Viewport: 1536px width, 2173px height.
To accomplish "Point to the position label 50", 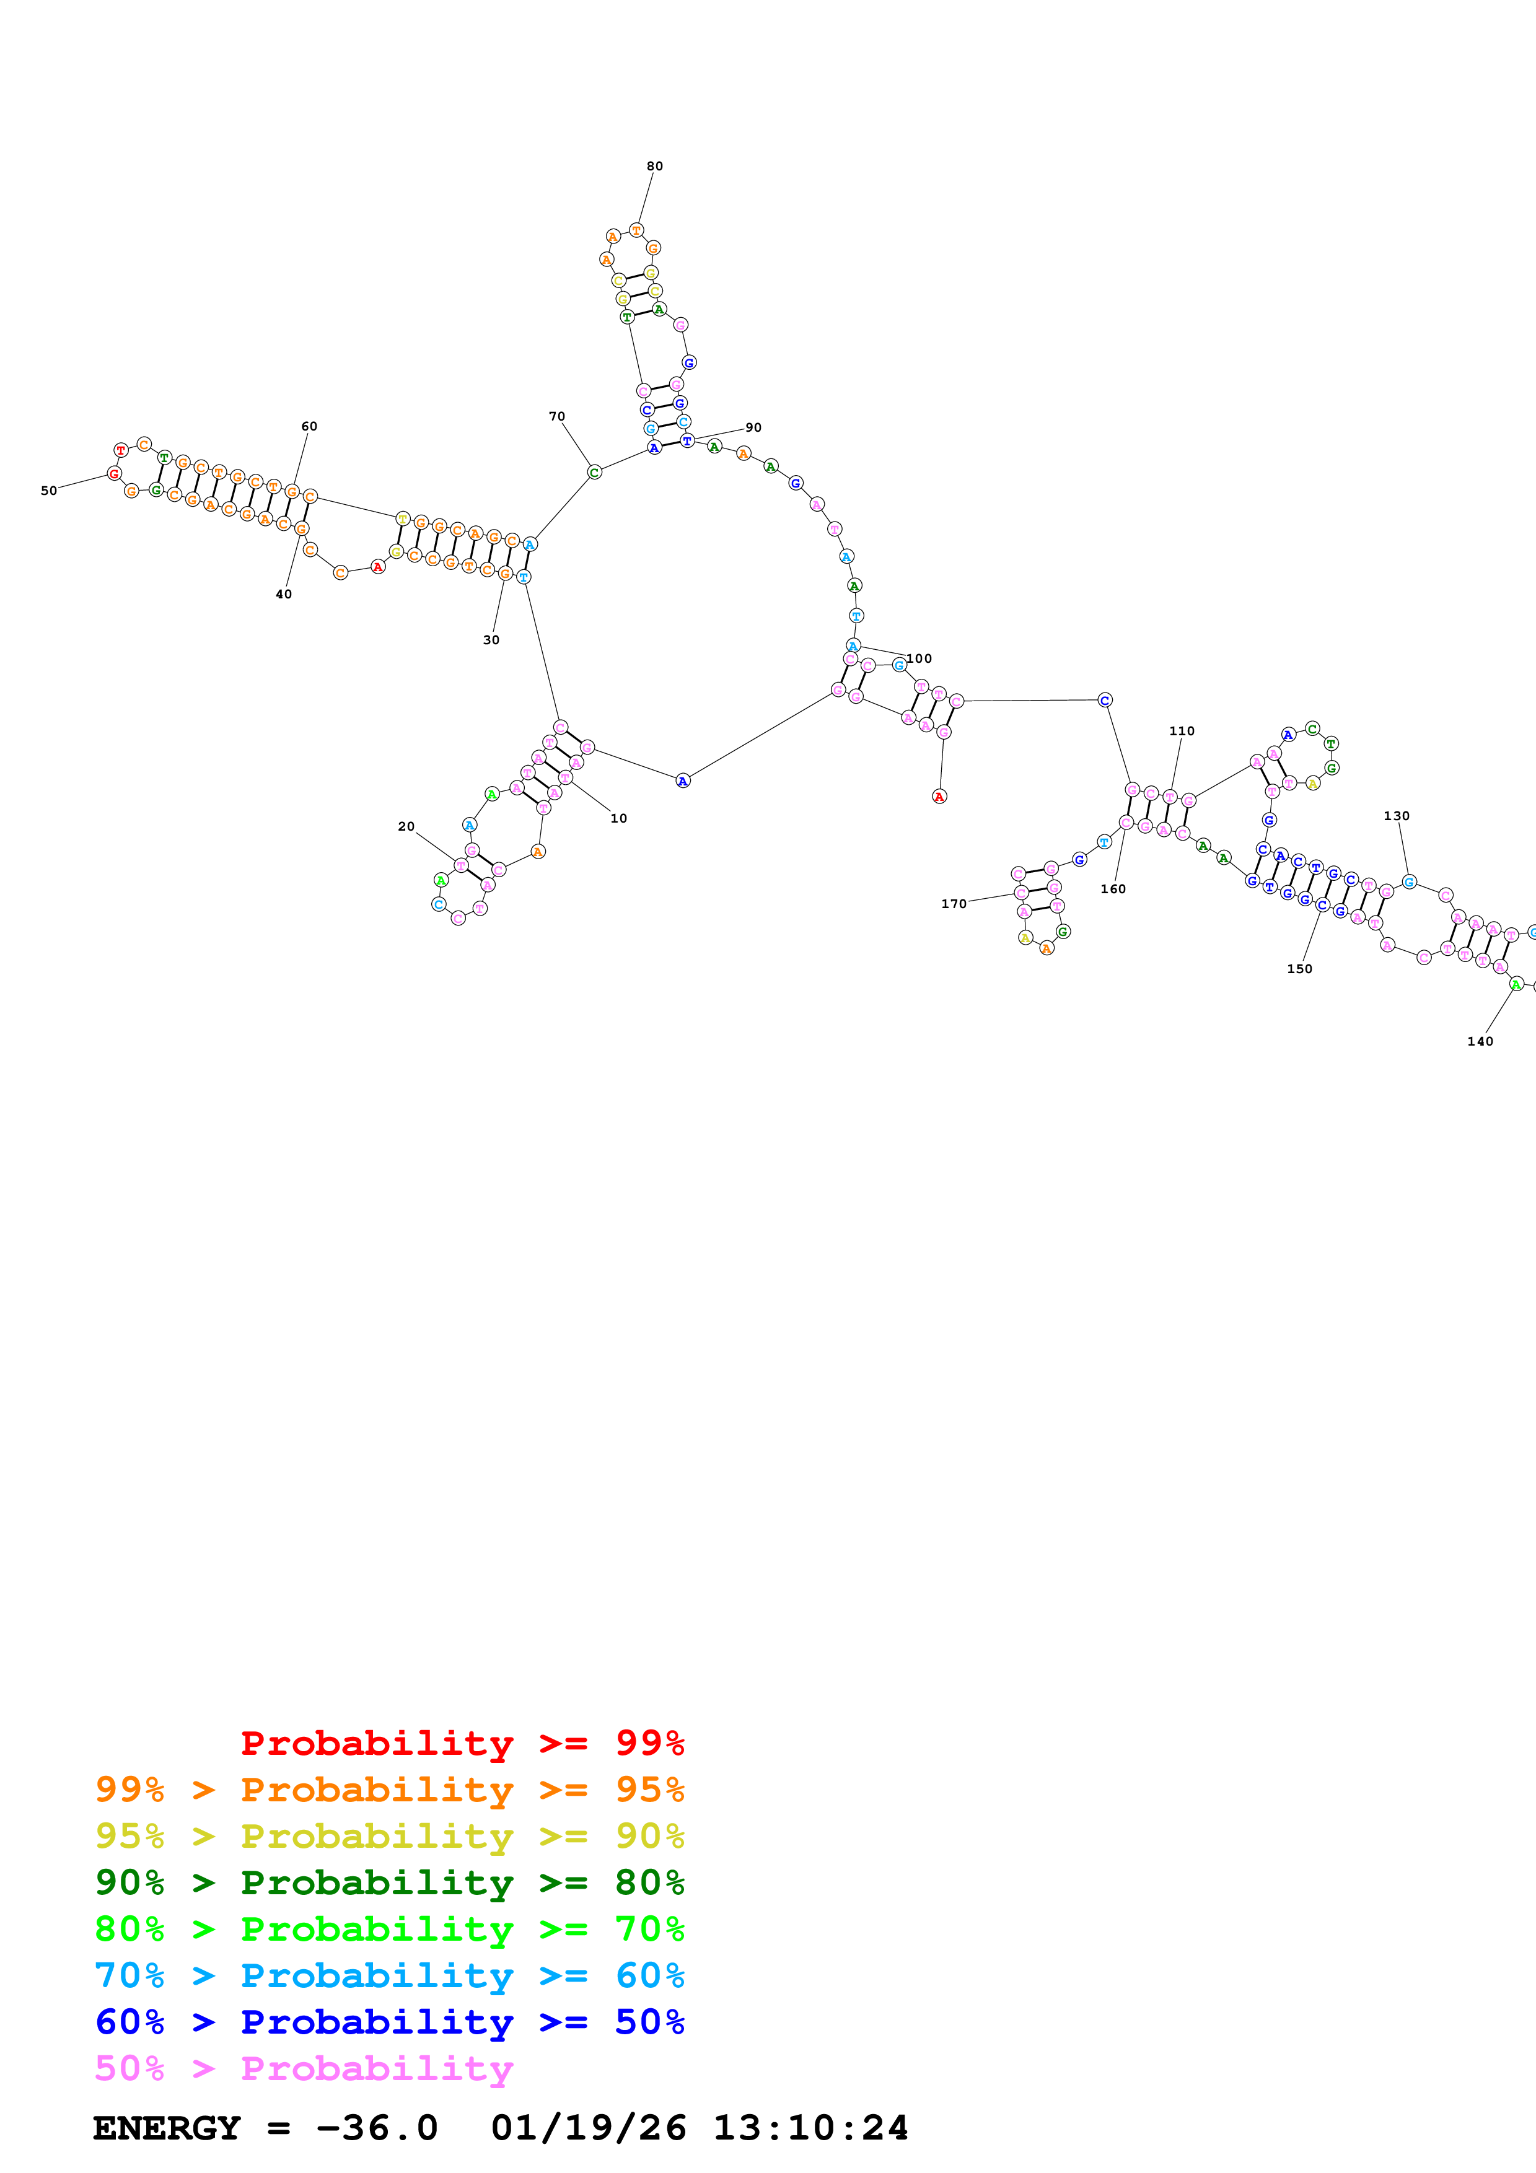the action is tap(48, 490).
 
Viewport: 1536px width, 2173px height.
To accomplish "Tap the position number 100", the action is tap(919, 658).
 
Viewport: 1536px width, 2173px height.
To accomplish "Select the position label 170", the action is tap(953, 904).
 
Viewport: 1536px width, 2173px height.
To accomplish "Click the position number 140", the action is tap(1479, 1041).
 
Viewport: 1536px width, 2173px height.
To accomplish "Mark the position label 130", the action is tap(1396, 816).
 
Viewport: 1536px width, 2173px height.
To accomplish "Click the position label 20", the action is tap(406, 826).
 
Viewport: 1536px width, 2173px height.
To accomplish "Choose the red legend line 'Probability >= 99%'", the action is tap(462, 1743).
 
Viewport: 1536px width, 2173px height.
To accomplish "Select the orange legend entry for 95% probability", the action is tap(389, 1790).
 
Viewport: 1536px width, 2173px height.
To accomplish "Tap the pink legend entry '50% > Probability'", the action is tap(304, 2068).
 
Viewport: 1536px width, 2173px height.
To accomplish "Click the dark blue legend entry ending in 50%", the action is tap(389, 2022).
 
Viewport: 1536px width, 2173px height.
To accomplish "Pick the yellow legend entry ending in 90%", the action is tap(389, 1836).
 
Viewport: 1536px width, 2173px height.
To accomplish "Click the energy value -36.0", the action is tap(377, 2128).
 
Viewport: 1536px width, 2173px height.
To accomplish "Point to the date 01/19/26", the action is tap(588, 2128).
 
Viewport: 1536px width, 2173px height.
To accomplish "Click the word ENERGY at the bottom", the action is tap(167, 2128).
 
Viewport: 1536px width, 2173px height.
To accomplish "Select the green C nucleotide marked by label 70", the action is tap(594, 472).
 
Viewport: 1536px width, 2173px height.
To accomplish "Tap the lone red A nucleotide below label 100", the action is tap(939, 797).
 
